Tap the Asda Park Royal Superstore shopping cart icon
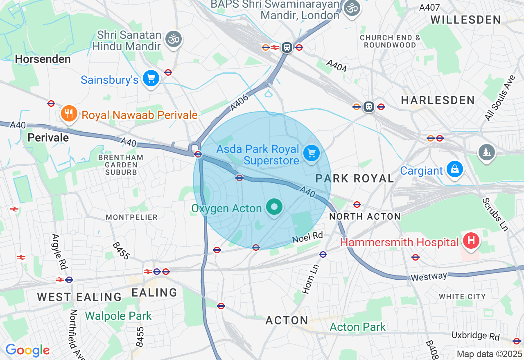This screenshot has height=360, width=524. (312, 154)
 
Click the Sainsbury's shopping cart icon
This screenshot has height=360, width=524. (151, 79)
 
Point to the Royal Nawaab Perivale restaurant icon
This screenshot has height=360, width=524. (69, 115)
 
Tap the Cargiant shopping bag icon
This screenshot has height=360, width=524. (454, 169)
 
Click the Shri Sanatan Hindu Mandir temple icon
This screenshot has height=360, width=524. (174, 39)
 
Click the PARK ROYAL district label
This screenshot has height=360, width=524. (355, 178)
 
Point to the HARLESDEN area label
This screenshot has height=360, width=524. (438, 100)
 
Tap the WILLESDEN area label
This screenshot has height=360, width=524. (465, 20)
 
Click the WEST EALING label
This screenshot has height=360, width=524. (79, 297)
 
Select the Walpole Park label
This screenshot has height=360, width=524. (118, 316)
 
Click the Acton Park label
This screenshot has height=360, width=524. (357, 327)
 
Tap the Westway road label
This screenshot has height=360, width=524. (429, 277)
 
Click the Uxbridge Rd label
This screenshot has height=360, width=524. (475, 336)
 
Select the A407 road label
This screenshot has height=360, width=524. (429, 7)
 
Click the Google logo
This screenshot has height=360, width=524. (27, 350)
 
